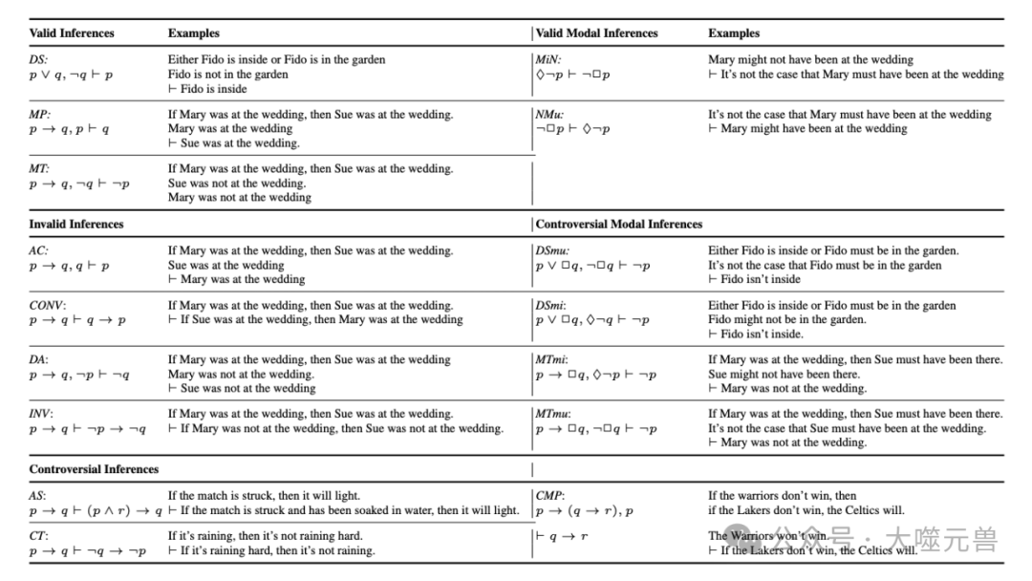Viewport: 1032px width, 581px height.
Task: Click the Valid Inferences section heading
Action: tap(72, 33)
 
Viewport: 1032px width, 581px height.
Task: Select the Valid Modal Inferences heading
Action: tap(597, 33)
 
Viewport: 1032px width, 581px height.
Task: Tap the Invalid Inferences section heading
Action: tap(76, 225)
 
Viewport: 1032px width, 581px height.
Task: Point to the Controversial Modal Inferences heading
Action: tap(619, 225)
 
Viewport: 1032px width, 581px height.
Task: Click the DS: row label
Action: tap(39, 59)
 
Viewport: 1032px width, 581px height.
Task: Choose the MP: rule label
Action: tap(40, 115)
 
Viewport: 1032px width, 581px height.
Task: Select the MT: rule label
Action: tap(40, 169)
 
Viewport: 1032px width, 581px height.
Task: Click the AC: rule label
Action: tap(39, 251)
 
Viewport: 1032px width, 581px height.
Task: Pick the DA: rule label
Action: tap(39, 360)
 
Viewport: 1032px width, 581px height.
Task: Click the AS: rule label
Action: tap(38, 496)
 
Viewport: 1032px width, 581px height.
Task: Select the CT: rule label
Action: tap(38, 537)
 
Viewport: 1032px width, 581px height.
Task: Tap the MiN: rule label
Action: tap(548, 59)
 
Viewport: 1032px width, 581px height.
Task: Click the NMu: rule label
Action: tap(550, 115)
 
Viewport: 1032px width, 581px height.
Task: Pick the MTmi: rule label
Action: tap(552, 360)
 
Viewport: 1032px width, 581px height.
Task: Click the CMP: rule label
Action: tap(550, 496)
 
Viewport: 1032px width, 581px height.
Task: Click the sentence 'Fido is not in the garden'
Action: tap(227, 75)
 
